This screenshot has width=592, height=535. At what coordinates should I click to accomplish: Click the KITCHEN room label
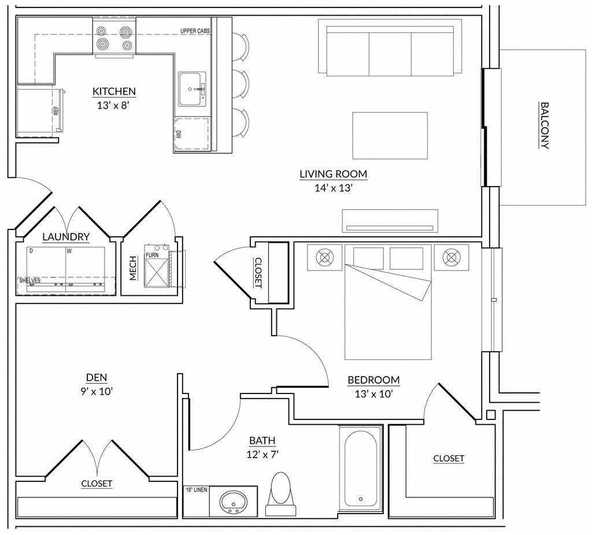coord(114,91)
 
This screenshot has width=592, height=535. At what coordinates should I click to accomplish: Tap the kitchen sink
coord(193,90)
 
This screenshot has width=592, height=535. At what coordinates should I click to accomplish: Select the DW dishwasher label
coord(179,134)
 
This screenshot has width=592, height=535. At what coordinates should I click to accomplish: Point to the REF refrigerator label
coord(56,110)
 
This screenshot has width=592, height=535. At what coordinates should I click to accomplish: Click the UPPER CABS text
coord(195,31)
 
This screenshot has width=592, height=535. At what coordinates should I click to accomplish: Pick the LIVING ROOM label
coord(334,174)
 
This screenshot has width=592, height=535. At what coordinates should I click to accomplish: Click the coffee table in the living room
coord(390,135)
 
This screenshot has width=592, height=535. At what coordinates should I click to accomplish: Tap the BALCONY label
coord(545,125)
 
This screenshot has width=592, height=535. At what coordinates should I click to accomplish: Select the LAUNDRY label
coord(66,237)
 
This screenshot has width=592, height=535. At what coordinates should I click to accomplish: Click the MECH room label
coord(133,268)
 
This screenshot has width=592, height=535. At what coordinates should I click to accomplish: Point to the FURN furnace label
coord(152,255)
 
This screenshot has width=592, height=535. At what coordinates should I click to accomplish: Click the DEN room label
coord(97,377)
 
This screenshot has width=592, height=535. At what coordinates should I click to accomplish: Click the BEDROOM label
coord(374,380)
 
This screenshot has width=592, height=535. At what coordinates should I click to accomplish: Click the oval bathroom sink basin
coord(234,501)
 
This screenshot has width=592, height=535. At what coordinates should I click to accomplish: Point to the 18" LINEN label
coord(197,490)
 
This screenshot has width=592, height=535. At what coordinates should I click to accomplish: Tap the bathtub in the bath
coord(361,469)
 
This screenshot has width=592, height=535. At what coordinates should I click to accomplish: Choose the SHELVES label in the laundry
coord(30,281)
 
